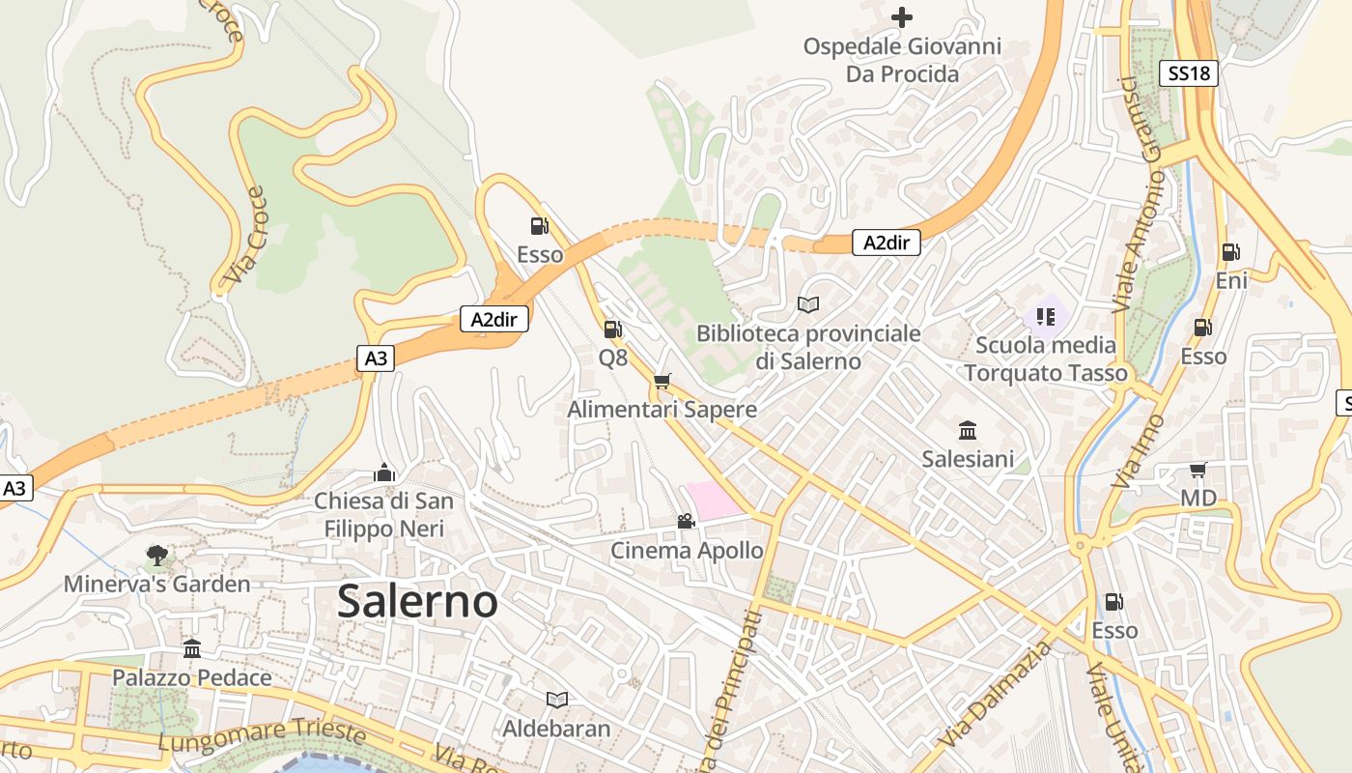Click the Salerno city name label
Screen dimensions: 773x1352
(x=417, y=601)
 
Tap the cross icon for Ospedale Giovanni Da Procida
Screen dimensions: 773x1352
(x=901, y=16)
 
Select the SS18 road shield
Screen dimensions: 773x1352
(x=1188, y=72)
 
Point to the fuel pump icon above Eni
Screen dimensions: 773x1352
(x=1230, y=252)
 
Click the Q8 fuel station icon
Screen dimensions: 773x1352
(x=612, y=329)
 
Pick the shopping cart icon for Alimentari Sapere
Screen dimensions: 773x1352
(x=662, y=382)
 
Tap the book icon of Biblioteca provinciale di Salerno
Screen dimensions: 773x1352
(x=808, y=304)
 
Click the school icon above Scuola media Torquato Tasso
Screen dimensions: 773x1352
(x=1045, y=316)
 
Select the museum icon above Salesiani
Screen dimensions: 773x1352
(x=968, y=430)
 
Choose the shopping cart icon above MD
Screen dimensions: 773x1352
(x=1198, y=471)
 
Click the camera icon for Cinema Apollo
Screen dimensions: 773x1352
(x=686, y=522)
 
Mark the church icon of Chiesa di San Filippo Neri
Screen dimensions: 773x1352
(x=383, y=472)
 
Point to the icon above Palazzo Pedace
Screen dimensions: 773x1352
(x=192, y=648)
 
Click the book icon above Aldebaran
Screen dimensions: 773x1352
(x=556, y=700)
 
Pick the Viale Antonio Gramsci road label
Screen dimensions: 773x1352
(x=1139, y=193)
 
